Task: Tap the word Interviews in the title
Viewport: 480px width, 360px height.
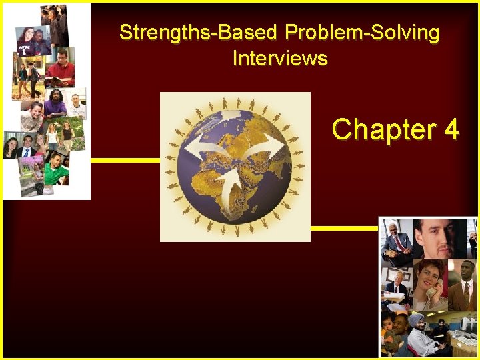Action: pyautogui.click(x=280, y=58)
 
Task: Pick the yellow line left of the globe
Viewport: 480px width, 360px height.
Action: pyautogui.click(x=125, y=160)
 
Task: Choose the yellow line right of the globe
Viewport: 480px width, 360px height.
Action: pyautogui.click(x=344, y=228)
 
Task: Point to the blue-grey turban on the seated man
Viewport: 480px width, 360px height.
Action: pyautogui.click(x=416, y=320)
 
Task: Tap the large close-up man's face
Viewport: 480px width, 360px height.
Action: pyautogui.click(x=440, y=237)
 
